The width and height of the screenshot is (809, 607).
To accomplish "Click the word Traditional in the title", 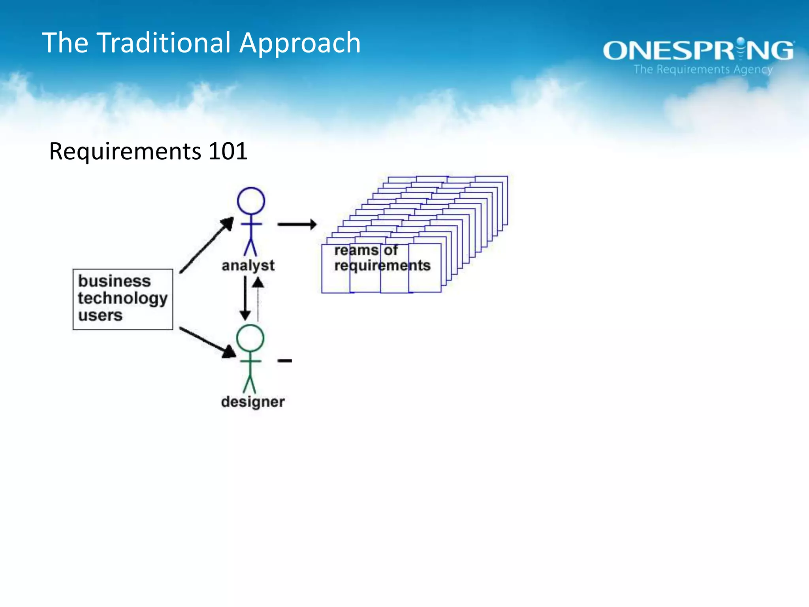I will (x=164, y=43).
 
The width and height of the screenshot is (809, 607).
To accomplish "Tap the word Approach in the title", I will (x=300, y=43).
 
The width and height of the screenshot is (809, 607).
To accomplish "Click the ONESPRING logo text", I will (x=698, y=51).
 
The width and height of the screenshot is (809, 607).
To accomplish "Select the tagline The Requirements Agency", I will (x=703, y=70).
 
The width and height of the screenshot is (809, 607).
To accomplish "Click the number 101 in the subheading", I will (x=228, y=151).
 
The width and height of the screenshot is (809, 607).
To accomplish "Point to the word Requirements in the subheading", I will (x=125, y=152).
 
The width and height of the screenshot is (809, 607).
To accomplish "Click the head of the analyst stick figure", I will (x=251, y=201).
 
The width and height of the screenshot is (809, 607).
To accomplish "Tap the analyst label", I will (x=248, y=266).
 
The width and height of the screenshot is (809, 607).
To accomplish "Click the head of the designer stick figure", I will (x=250, y=338).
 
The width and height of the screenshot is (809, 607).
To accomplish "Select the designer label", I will (x=253, y=402).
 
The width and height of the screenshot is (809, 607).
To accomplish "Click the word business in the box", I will (x=115, y=281).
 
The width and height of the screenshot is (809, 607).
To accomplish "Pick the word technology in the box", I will (x=123, y=298).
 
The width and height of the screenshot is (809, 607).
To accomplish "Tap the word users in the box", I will (x=100, y=315).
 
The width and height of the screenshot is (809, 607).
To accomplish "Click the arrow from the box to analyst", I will (x=206, y=245).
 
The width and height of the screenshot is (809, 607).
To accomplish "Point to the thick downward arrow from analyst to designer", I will (x=245, y=298).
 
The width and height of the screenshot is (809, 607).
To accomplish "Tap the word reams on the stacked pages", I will (x=356, y=250).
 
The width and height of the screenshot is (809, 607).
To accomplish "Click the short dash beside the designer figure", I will (x=284, y=360).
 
